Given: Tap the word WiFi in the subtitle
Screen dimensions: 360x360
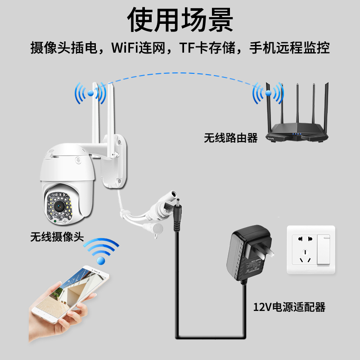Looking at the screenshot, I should [x=128, y=47].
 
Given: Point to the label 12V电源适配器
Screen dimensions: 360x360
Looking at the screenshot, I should [x=289, y=307].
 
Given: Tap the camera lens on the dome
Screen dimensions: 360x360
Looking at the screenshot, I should [x=58, y=205].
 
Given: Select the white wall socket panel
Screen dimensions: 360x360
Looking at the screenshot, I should [x=310, y=250].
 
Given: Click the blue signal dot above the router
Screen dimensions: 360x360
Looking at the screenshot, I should [x=269, y=93].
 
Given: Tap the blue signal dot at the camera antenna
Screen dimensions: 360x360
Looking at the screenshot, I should [x=90, y=93].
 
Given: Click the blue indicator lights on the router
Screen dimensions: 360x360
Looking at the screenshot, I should [x=297, y=134].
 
